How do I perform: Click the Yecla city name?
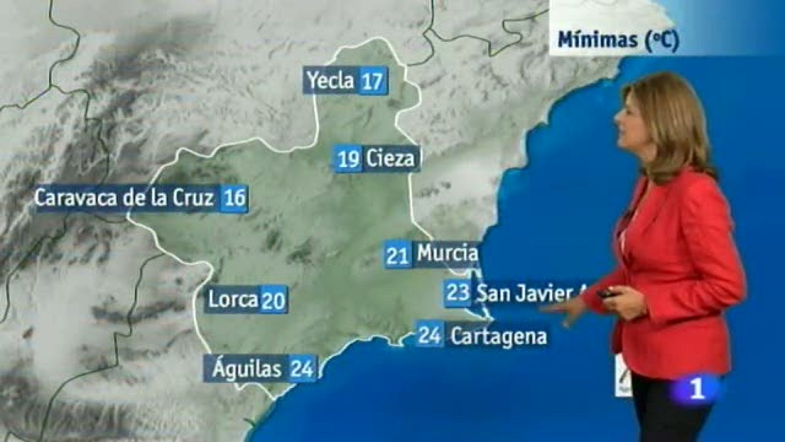(332, 81)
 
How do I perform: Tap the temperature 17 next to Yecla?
(372, 81)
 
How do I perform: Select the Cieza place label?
(390, 159)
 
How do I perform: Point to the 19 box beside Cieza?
(349, 159)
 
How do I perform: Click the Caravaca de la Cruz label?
(125, 198)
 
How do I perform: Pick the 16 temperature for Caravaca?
(234, 198)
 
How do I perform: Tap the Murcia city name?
(447, 254)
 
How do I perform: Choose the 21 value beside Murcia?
(398, 255)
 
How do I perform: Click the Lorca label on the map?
(233, 299)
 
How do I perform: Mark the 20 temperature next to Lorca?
(273, 300)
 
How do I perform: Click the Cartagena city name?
(498, 336)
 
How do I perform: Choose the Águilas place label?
(248, 368)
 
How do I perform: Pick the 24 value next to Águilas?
(302, 369)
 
